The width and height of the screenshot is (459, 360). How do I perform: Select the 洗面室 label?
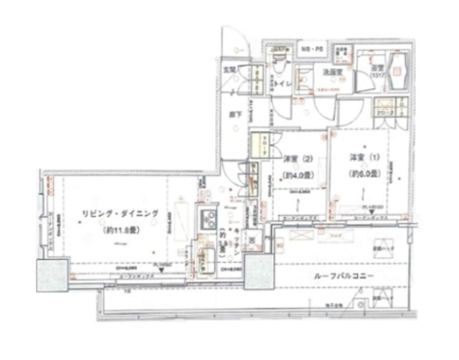[x=332, y=72]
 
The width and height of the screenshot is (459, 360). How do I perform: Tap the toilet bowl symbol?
[x=280, y=65]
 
